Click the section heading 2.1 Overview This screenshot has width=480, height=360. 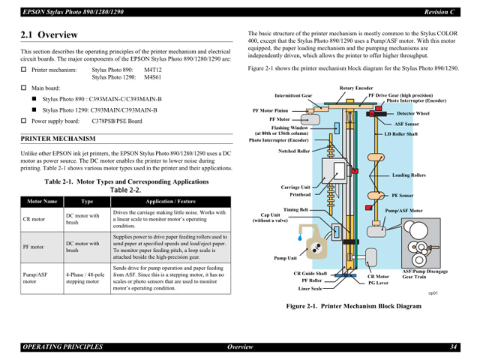(49, 34)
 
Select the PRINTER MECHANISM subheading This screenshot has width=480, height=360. (58, 139)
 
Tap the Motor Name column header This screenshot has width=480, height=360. (42, 202)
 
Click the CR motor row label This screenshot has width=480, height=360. (34, 219)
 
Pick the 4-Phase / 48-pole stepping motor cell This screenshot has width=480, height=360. (83, 278)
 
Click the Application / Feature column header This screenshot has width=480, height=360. (170, 202)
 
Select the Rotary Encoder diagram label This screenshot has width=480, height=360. (355, 88)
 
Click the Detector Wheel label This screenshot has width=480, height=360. (412, 113)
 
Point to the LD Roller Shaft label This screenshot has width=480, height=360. (400, 134)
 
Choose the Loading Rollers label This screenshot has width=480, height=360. (409, 175)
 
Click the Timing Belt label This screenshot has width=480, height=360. (295, 210)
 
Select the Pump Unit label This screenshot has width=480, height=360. (286, 257)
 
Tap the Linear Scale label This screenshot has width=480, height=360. (310, 288)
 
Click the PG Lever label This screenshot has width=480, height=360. (378, 283)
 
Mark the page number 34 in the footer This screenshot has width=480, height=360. (454, 346)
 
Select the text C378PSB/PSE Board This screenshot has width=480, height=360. (117, 121)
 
